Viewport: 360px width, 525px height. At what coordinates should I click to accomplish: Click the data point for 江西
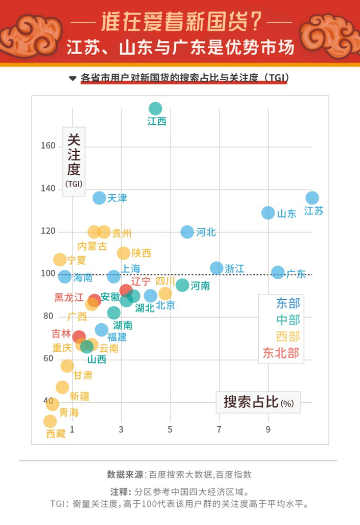click(155, 108)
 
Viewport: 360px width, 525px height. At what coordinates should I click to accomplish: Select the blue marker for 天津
click(99, 198)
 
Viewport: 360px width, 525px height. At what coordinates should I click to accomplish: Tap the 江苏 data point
click(312, 198)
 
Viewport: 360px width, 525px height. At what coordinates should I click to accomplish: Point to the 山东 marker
click(268, 213)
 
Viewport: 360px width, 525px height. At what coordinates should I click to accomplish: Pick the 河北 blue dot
click(187, 232)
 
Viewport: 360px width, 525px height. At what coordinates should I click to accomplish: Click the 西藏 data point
click(50, 421)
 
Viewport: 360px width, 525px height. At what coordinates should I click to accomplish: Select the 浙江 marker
click(216, 268)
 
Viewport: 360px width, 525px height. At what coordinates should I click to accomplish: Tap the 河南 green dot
click(182, 285)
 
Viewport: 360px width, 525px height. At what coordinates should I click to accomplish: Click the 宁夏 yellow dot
click(60, 260)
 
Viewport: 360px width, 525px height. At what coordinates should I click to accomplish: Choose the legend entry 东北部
click(281, 353)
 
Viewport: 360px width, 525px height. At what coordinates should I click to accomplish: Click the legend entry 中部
click(288, 320)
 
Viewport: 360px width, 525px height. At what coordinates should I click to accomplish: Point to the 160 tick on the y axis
click(48, 145)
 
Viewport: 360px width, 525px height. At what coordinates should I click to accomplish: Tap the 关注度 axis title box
click(74, 161)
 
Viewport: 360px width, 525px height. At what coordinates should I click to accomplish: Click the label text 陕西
click(141, 253)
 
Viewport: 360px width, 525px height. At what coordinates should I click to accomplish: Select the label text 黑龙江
click(69, 297)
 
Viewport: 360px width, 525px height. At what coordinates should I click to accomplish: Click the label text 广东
click(296, 274)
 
